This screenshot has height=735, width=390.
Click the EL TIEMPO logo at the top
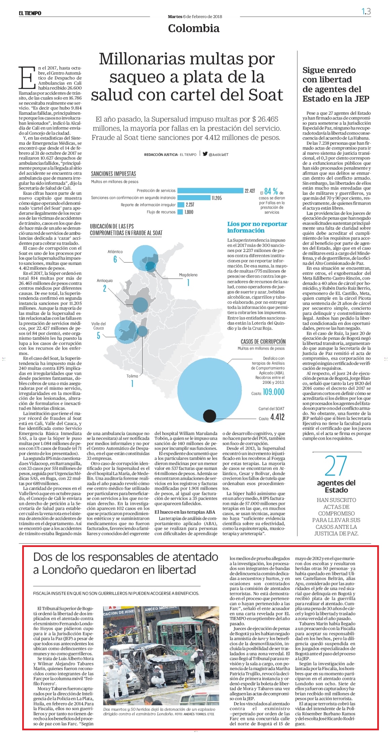(30, 13)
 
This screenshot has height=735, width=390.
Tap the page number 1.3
(366, 11)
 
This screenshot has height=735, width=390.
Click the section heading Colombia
(194, 28)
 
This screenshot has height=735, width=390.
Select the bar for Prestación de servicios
(210, 191)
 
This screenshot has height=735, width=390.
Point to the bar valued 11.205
(194, 198)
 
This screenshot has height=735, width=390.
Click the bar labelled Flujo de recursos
(180, 212)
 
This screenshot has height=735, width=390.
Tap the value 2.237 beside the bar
(190, 205)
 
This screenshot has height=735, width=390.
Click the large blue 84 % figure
(271, 191)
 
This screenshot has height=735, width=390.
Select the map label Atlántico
(115, 252)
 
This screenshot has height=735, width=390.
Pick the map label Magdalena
(188, 275)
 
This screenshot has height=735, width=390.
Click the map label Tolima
(132, 376)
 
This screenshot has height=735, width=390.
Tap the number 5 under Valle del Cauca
(99, 336)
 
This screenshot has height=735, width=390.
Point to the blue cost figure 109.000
(274, 392)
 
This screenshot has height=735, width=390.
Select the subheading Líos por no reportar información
(257, 227)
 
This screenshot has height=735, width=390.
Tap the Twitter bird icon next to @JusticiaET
(205, 154)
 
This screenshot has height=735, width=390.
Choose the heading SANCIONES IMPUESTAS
(114, 174)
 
